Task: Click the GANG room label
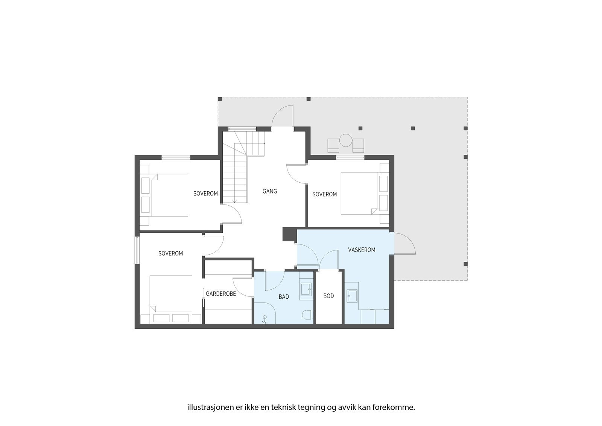pyautogui.click(x=269, y=191)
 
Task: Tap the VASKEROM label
pyautogui.click(x=361, y=250)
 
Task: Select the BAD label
pyautogui.click(x=284, y=297)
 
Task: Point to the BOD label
pyautogui.click(x=328, y=296)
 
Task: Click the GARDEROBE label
pyautogui.click(x=221, y=293)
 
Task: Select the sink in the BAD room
pyautogui.click(x=306, y=289)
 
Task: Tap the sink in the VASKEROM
pyautogui.click(x=353, y=296)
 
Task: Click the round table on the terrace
pyautogui.click(x=345, y=140)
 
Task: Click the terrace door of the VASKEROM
pyautogui.click(x=404, y=244)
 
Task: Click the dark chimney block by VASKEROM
pyautogui.click(x=289, y=234)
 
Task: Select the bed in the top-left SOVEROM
pyautogui.click(x=169, y=195)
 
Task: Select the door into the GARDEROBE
pyautogui.click(x=243, y=287)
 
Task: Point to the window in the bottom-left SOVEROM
pyautogui.click(x=137, y=250)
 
